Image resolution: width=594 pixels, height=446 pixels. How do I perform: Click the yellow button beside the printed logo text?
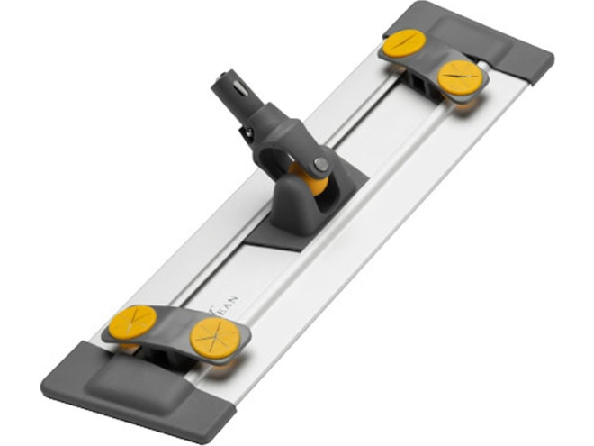coord(215,337)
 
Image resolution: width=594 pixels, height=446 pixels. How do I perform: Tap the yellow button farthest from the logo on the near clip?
coord(132,321)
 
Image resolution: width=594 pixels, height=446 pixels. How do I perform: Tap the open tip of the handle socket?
coord(225,83)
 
